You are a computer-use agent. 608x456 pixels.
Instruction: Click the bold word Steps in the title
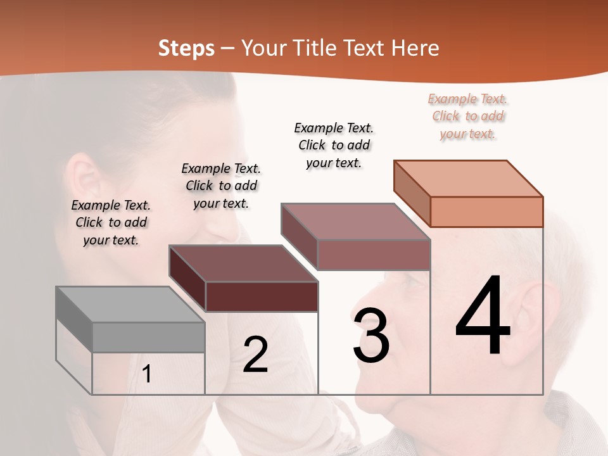pos(186,48)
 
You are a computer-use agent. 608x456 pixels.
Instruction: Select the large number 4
pos(483,317)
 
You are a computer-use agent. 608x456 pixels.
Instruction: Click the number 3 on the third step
pos(371,336)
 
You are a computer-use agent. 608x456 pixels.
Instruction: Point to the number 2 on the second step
pos(255,355)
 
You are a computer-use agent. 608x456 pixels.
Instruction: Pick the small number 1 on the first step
pos(147,374)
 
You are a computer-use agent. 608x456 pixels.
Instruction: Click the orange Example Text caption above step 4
pos(468,117)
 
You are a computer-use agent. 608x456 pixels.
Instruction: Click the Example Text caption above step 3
pos(334,145)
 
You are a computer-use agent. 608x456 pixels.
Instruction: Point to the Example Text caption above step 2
pos(221,186)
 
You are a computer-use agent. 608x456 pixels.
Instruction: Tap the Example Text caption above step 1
pos(111,222)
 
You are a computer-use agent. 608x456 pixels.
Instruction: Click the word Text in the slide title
pos(364,48)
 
